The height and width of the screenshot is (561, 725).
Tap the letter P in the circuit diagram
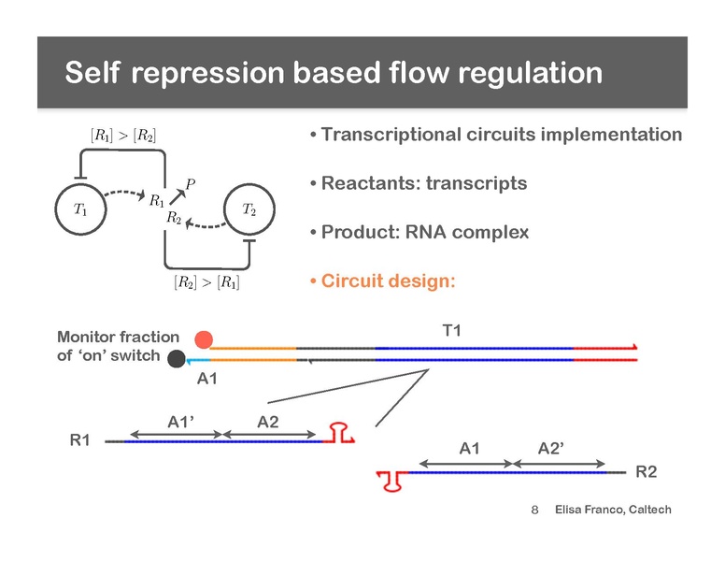[191, 184]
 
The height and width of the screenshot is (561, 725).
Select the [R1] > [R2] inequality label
[123, 136]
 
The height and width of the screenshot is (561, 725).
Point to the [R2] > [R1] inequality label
[206, 281]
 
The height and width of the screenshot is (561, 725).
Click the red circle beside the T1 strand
[204, 339]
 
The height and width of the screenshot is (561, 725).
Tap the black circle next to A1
[177, 359]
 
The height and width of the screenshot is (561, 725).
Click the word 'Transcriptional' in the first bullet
[391, 135]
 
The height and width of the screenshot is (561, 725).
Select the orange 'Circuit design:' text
[389, 280]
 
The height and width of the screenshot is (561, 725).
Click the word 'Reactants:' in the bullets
[371, 183]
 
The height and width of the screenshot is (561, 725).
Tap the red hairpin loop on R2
[393, 482]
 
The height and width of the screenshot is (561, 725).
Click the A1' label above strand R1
[181, 422]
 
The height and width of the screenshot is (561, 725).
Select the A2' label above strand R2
[551, 448]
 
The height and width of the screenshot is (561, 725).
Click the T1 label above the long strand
[452, 330]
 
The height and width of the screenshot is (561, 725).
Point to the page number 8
[535, 511]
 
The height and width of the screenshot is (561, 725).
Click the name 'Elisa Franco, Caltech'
[613, 510]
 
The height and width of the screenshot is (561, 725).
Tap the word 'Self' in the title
[92, 73]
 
